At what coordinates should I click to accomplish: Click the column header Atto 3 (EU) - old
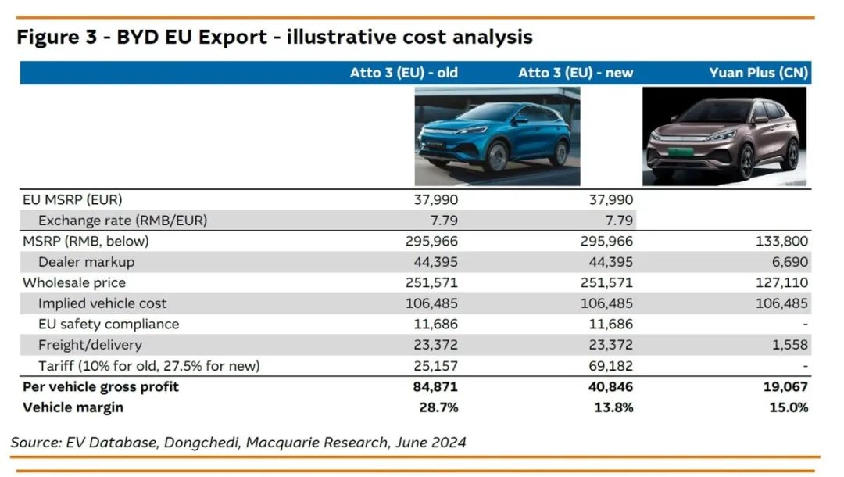pyautogui.click(x=403, y=73)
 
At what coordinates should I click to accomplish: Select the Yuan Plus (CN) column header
pyautogui.click(x=759, y=73)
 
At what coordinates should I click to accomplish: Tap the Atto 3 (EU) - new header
pyautogui.click(x=575, y=73)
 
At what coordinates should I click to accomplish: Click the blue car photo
pyautogui.click(x=497, y=135)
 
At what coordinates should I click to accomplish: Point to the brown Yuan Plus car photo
pyautogui.click(x=724, y=136)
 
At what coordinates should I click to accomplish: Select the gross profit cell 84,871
pyautogui.click(x=435, y=386)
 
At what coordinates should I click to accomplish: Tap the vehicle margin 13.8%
pyautogui.click(x=613, y=407)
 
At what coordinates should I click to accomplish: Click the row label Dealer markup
pyautogui.click(x=86, y=262)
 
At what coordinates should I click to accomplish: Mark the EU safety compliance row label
pyautogui.click(x=109, y=324)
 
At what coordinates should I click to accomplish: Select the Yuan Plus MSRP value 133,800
pyautogui.click(x=782, y=242)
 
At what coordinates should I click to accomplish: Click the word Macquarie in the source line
pyautogui.click(x=280, y=443)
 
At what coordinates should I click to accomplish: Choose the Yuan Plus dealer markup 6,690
pyautogui.click(x=789, y=262)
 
